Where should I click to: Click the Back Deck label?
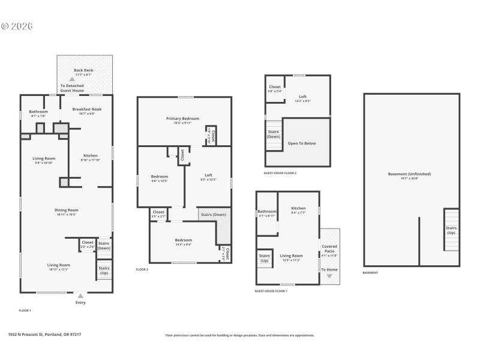click(x=83, y=70)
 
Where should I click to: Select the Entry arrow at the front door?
click(x=80, y=295)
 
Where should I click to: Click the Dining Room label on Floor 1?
click(x=67, y=210)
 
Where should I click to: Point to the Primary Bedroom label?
click(x=182, y=119)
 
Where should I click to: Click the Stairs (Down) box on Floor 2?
click(x=214, y=214)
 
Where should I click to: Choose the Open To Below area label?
click(x=301, y=143)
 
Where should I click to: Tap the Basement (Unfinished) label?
click(x=409, y=174)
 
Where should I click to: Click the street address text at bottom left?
click(x=44, y=335)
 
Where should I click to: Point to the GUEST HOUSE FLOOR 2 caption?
click(x=280, y=173)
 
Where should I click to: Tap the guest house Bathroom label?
click(x=267, y=211)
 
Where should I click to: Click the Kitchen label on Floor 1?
click(x=90, y=155)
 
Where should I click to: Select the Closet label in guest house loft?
click(x=275, y=87)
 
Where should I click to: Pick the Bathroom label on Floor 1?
click(x=39, y=111)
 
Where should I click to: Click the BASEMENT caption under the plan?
click(x=370, y=272)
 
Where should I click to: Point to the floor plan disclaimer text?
click(x=240, y=335)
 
